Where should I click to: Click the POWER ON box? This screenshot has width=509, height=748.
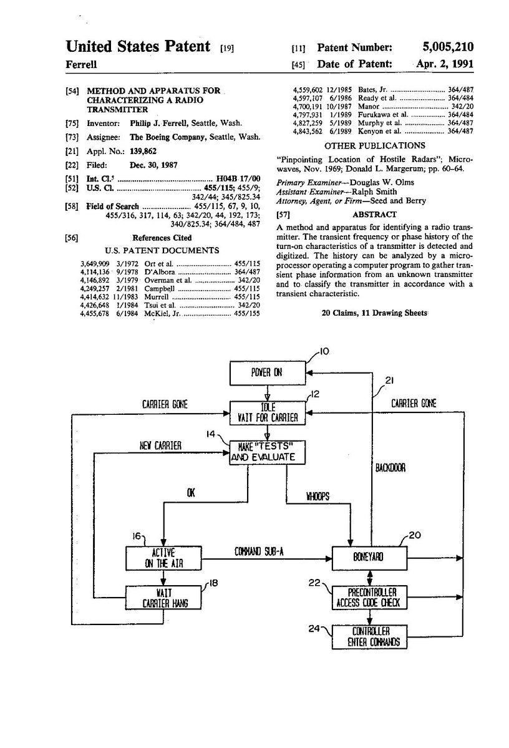point(267,372)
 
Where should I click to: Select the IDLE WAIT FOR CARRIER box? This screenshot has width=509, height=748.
point(267,412)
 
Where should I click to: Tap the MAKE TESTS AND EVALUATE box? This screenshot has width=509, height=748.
point(267,452)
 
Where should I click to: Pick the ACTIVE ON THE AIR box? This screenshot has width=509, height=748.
point(163,558)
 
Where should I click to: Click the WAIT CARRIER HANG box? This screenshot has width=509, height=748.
point(163,597)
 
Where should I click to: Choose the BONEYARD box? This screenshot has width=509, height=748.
point(371,557)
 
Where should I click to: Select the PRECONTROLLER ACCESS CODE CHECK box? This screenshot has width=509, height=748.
point(371,597)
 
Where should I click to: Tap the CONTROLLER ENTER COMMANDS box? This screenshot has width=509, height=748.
point(371,636)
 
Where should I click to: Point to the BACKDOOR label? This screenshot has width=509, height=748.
point(391,467)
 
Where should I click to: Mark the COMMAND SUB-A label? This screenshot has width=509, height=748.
point(259,551)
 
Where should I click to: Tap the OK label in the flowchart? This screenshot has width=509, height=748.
point(191,493)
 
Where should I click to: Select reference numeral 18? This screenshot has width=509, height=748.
point(214,583)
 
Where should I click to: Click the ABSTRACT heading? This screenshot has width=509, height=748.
point(379,214)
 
